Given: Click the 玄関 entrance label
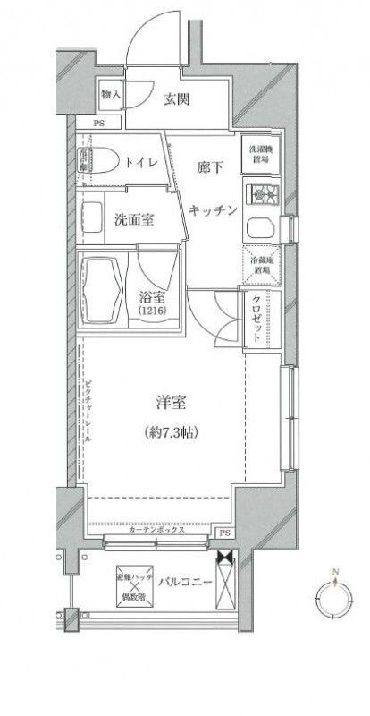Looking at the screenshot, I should [x=174, y=99].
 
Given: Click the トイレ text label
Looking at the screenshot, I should [x=141, y=163].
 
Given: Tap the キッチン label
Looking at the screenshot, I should [x=213, y=210].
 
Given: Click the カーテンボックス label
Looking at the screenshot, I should [x=157, y=531].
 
